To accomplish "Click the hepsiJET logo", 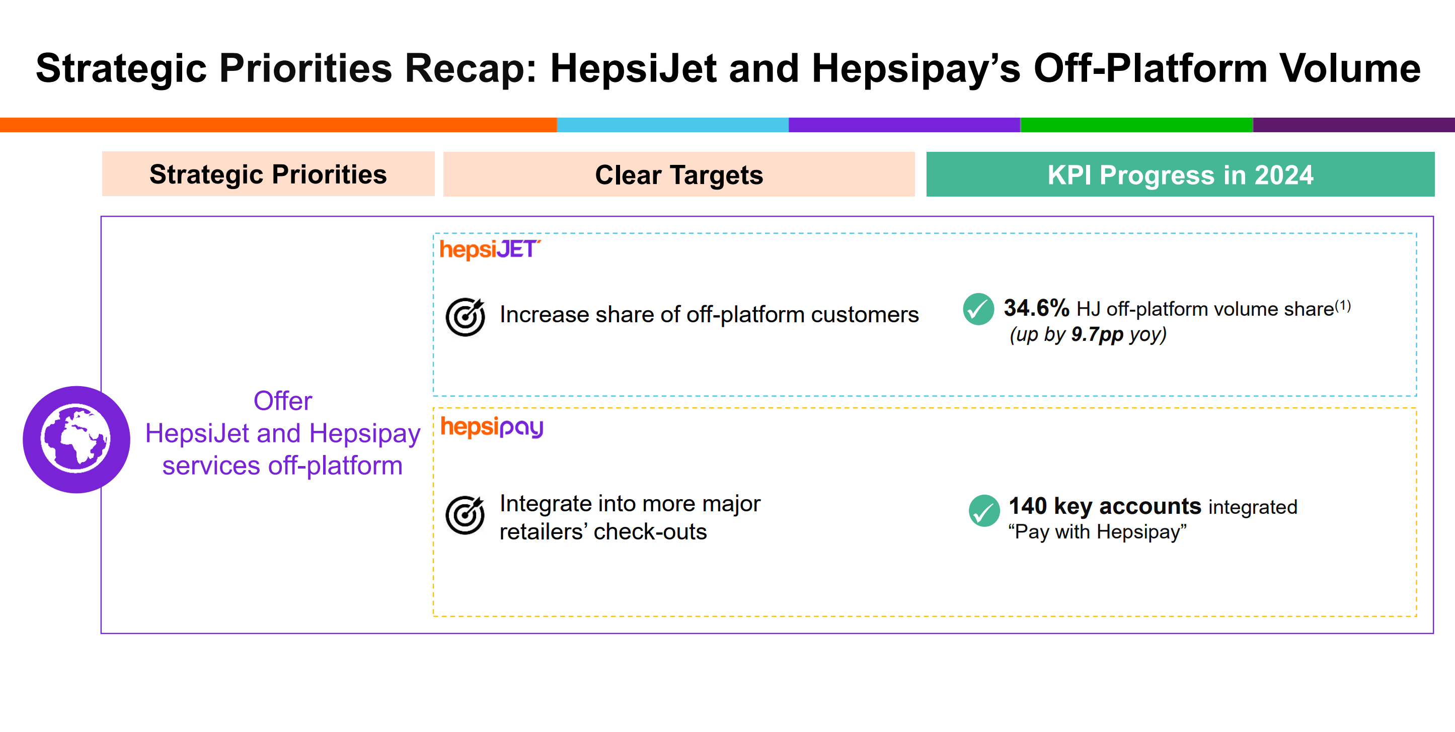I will (489, 249).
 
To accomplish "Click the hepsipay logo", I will (491, 427).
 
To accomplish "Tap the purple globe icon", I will (76, 439).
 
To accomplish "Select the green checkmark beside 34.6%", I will (978, 309).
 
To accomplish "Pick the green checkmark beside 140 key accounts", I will (984, 510).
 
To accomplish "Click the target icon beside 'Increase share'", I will (465, 317).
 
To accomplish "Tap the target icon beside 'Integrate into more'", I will (465, 514).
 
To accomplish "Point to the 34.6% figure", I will (1036, 308).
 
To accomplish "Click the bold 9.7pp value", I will (1097, 334).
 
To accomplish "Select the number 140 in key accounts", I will (1027, 506).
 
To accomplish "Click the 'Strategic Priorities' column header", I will (268, 174).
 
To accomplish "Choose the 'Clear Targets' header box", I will (678, 174).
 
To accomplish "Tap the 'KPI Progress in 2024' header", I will (1180, 174).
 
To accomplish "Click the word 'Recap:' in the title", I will (470, 68).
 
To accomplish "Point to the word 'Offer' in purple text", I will (282, 401).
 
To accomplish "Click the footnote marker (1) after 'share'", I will (1343, 306).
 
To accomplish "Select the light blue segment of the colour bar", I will (672, 125).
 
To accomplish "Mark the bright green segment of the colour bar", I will (1136, 125).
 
